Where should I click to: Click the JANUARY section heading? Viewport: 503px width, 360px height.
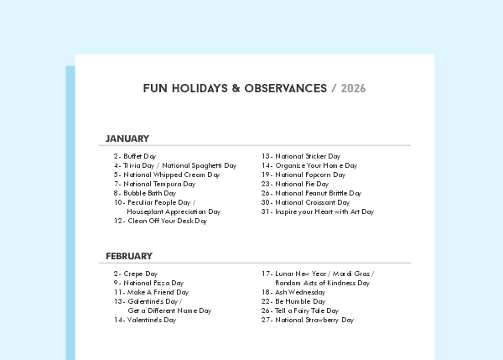(127, 138)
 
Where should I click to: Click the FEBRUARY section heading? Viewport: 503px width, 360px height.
(129, 256)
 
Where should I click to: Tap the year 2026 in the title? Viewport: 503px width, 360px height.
(354, 88)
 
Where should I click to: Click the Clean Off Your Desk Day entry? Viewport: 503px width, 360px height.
(165, 222)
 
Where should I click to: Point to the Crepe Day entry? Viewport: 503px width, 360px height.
(139, 274)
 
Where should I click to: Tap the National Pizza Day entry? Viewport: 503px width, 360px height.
(153, 283)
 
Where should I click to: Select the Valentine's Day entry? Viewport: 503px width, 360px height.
(150, 320)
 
